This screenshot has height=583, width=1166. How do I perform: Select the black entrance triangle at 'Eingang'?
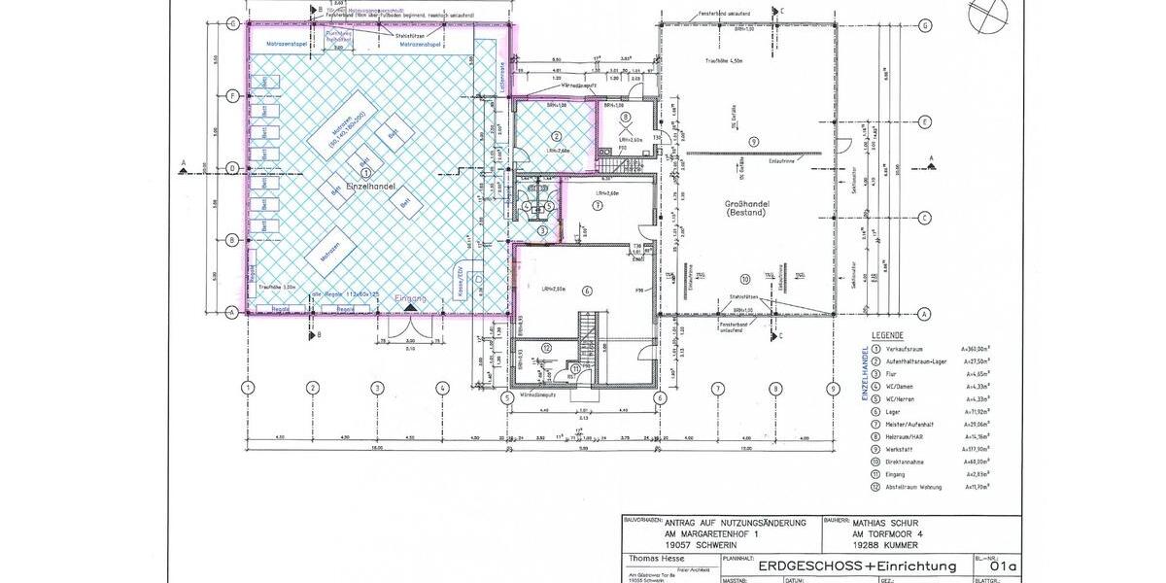click(411, 308)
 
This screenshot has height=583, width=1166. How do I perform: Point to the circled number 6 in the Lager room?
click(586, 290)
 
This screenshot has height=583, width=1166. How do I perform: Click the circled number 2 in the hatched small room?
click(557, 137)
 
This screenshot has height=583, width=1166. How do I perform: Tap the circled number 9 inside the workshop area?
click(753, 142)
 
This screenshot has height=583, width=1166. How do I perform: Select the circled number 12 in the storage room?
click(547, 347)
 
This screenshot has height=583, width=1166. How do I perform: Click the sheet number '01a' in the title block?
click(1004, 566)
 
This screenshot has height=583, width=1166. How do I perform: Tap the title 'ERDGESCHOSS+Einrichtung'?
click(857, 566)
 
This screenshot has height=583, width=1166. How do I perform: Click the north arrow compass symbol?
click(989, 17)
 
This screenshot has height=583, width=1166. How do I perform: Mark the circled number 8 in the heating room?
click(626, 117)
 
